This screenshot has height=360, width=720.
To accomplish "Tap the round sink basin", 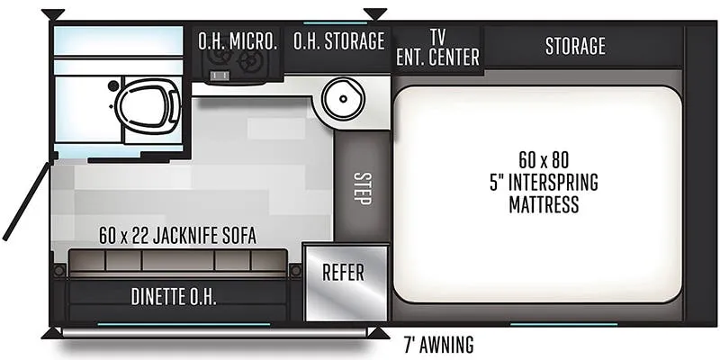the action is click(343, 98).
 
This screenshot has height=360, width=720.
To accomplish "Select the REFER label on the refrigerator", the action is click(343, 273).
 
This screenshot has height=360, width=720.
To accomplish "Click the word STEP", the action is click(363, 188).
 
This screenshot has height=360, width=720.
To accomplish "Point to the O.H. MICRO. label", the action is click(238, 40).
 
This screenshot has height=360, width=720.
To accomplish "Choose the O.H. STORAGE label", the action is click(339, 40).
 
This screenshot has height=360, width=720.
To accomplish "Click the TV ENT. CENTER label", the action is click(437, 48).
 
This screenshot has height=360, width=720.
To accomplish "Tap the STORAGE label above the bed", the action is click(575, 46).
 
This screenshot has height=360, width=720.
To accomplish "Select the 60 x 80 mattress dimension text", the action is click(544, 160).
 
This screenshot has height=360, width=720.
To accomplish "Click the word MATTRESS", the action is click(544, 204).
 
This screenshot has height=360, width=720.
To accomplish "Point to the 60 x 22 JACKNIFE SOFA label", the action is click(177, 236).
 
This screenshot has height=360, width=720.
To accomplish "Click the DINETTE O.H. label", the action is click(174, 297).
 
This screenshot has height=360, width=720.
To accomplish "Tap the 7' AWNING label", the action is click(438, 345).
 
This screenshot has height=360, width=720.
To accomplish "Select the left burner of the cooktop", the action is click(216, 58).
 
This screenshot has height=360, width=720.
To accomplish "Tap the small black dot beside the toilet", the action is click(113, 85).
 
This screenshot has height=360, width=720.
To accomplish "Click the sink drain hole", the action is click(343, 98).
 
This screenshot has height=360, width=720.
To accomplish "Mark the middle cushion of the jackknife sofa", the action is click(177, 260).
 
